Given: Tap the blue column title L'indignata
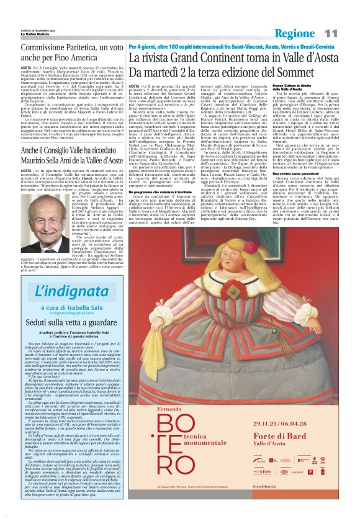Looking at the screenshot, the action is click(x=61, y=291).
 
